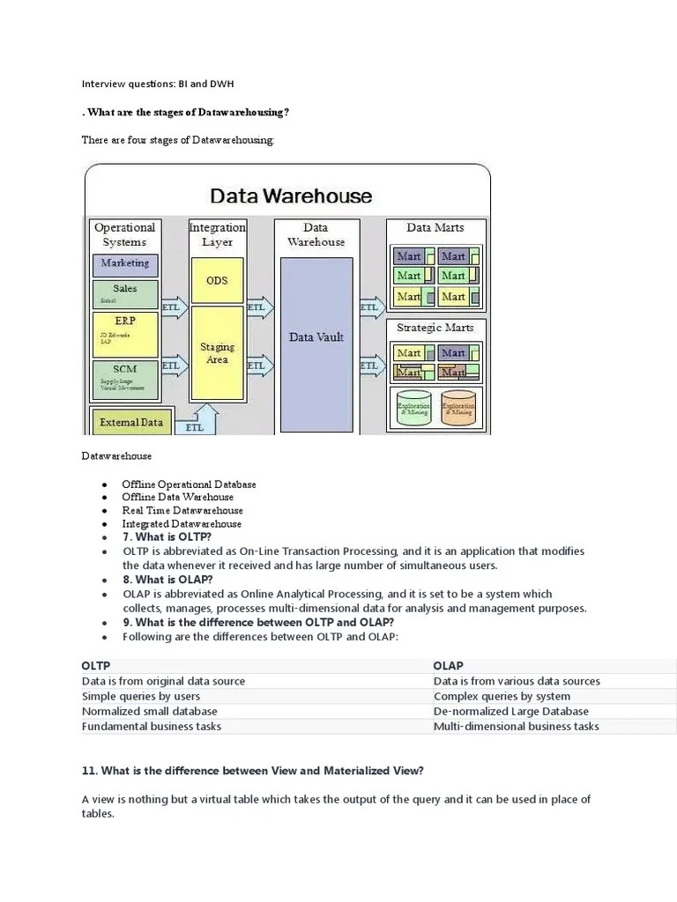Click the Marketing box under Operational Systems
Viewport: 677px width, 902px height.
click(125, 263)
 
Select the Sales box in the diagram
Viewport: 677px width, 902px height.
click(125, 292)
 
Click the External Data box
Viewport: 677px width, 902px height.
click(131, 422)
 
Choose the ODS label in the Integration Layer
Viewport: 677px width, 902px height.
click(217, 280)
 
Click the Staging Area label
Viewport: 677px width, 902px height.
click(217, 353)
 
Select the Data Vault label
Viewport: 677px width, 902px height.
click(316, 336)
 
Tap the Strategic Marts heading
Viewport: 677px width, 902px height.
click(435, 328)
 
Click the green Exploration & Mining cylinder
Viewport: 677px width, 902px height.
click(414, 408)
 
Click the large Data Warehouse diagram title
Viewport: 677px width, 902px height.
click(290, 196)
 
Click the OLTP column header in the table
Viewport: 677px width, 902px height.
click(96, 666)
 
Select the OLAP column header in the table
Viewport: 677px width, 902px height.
click(448, 666)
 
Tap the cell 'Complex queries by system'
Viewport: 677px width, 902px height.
click(502, 696)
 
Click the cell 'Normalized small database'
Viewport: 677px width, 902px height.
click(149, 711)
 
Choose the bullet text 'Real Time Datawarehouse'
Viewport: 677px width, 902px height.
click(182, 510)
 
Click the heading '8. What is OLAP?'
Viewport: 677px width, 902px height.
click(167, 580)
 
